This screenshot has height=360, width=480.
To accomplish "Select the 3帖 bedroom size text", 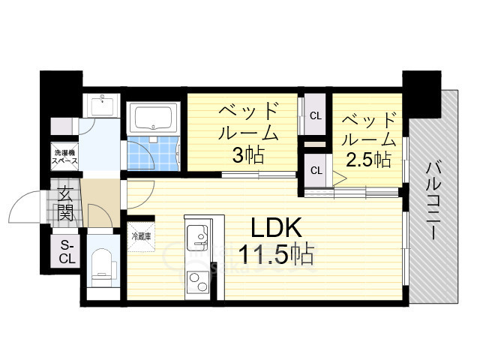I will [248, 156].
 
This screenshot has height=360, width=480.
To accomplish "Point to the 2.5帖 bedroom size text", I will [367, 158].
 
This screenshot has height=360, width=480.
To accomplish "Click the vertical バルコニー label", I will [433, 199].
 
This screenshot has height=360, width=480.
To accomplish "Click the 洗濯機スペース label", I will [64, 157].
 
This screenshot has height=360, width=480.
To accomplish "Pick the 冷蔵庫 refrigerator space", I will [141, 235].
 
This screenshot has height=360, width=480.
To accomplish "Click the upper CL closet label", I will [315, 116].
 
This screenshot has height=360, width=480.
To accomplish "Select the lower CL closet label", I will [316, 170].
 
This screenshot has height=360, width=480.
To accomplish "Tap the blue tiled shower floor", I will [142, 154].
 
